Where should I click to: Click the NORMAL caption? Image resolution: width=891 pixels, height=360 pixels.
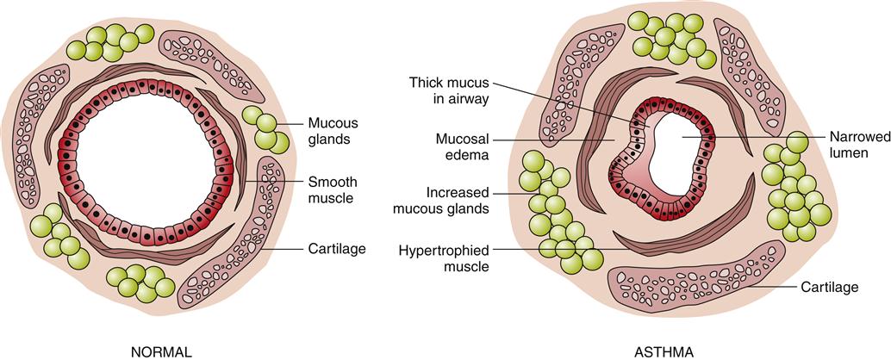tap(160, 351)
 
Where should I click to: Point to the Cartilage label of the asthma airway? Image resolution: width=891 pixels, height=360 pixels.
tap(829, 287)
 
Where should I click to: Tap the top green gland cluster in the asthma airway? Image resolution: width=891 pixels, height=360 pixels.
tap(674, 39)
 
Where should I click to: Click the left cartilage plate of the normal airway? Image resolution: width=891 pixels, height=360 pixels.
tap(38, 125)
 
